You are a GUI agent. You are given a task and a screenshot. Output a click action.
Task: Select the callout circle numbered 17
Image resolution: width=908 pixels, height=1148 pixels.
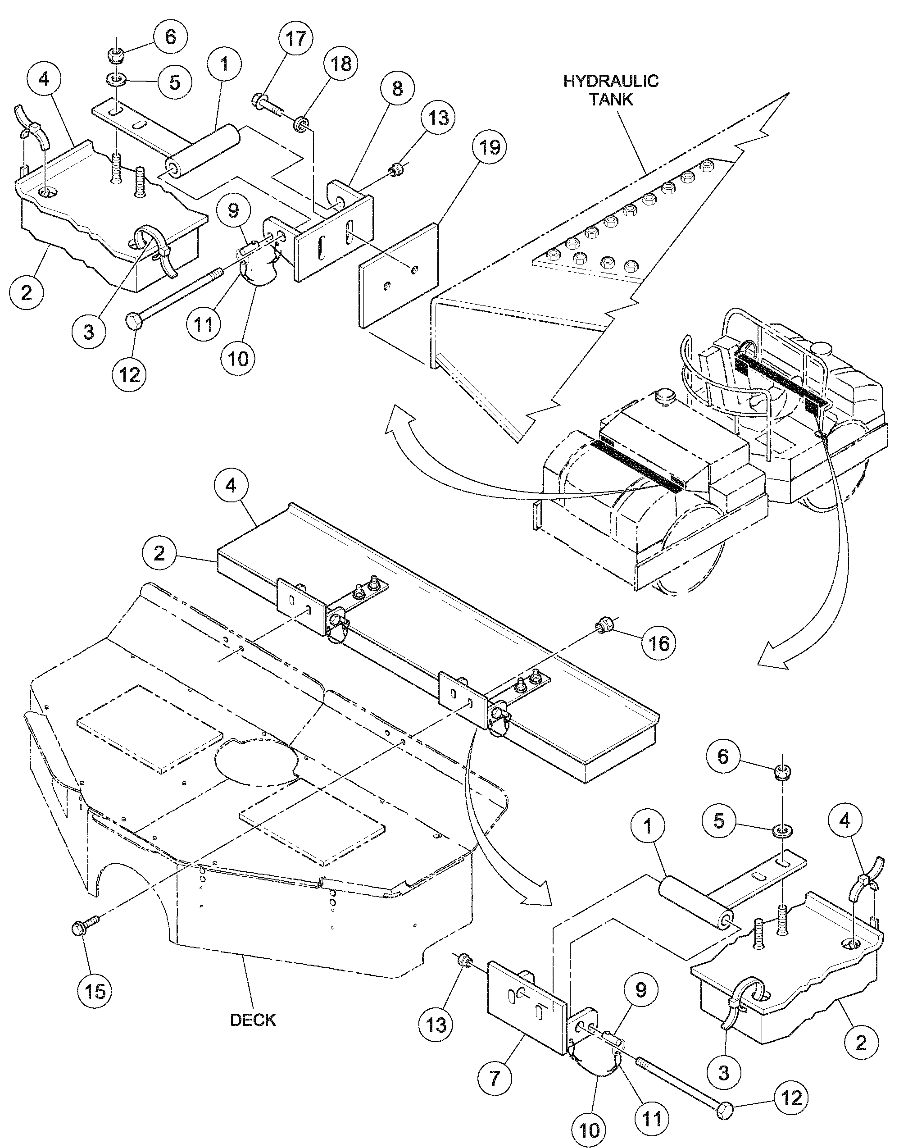tap(295, 39)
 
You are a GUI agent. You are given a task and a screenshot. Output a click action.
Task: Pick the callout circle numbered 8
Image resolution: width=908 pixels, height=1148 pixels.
tap(398, 89)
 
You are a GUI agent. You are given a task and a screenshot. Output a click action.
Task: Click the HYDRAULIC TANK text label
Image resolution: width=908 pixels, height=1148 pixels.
tap(611, 90)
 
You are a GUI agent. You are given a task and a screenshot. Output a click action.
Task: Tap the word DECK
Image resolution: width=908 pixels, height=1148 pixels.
tap(253, 1020)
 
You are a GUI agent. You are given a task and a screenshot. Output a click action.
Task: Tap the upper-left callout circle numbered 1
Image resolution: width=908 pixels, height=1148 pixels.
tap(224, 64)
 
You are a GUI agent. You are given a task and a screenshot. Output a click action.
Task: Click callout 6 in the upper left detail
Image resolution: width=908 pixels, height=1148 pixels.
tap(170, 37)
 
